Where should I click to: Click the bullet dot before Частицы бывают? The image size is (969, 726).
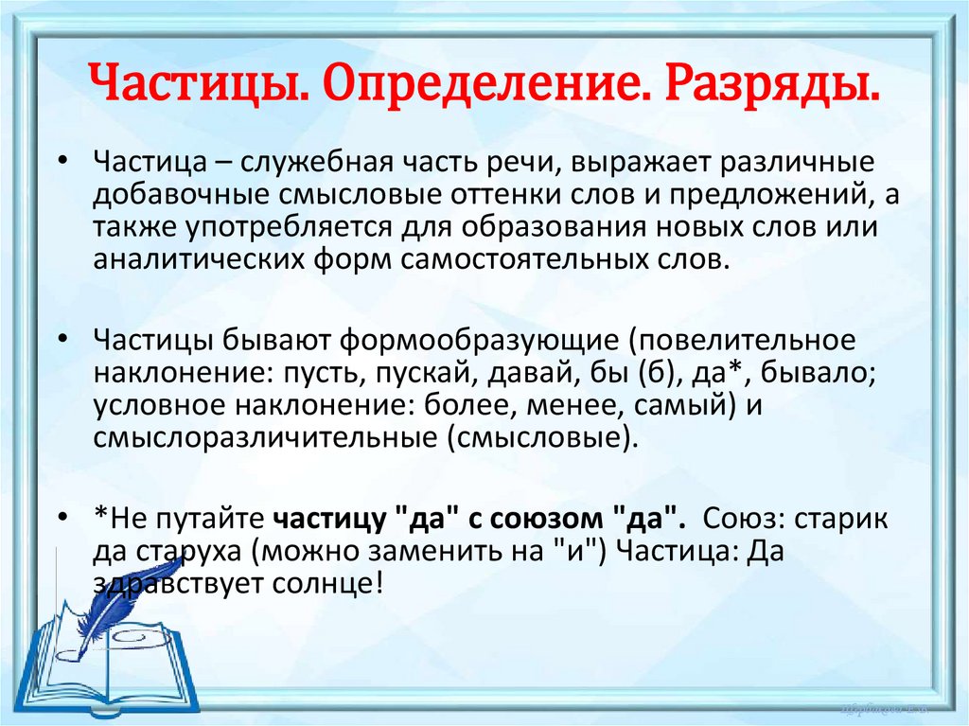(62, 339)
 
